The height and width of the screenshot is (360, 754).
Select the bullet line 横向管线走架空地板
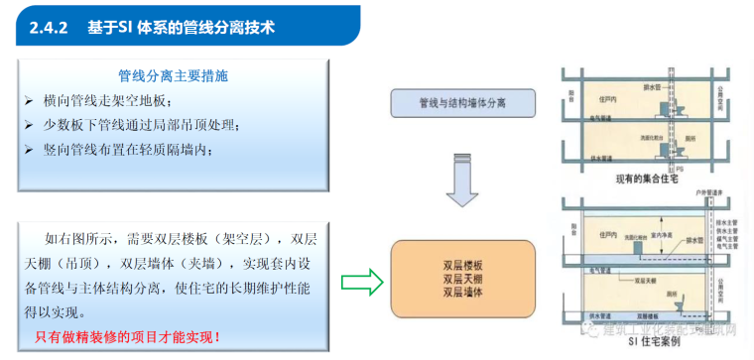(x=109, y=101)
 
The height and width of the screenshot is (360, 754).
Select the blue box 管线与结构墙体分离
(x=463, y=103)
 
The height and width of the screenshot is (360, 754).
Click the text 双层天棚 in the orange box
(x=463, y=279)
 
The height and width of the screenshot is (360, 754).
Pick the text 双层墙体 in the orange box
(x=463, y=293)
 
